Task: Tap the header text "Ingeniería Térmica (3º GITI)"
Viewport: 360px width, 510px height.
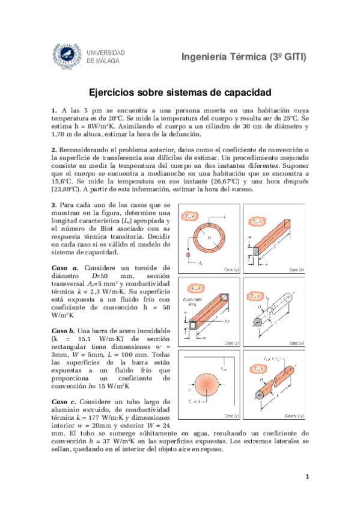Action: (243, 57)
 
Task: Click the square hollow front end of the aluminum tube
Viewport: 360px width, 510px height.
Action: (191, 325)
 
